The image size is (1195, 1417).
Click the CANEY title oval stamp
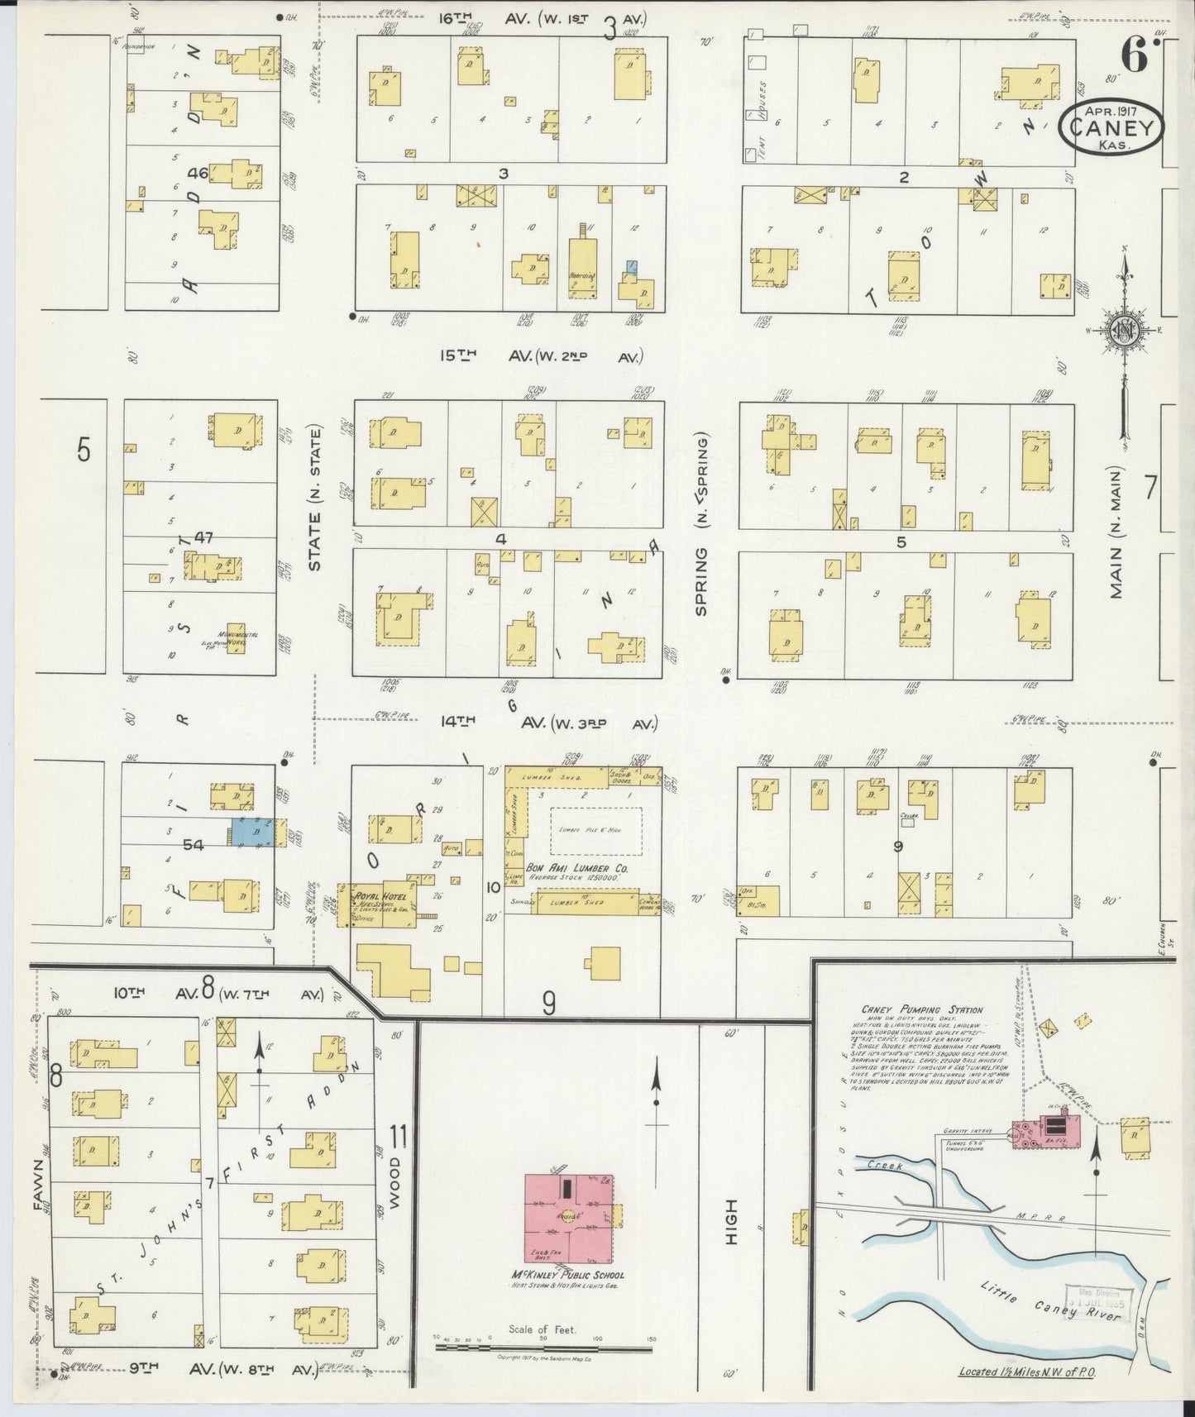click(1113, 126)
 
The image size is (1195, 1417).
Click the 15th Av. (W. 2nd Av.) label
click(541, 355)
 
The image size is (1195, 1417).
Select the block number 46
click(198, 174)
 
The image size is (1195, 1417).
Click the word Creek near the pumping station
click(885, 1166)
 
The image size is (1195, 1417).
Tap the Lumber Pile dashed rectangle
click(597, 830)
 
